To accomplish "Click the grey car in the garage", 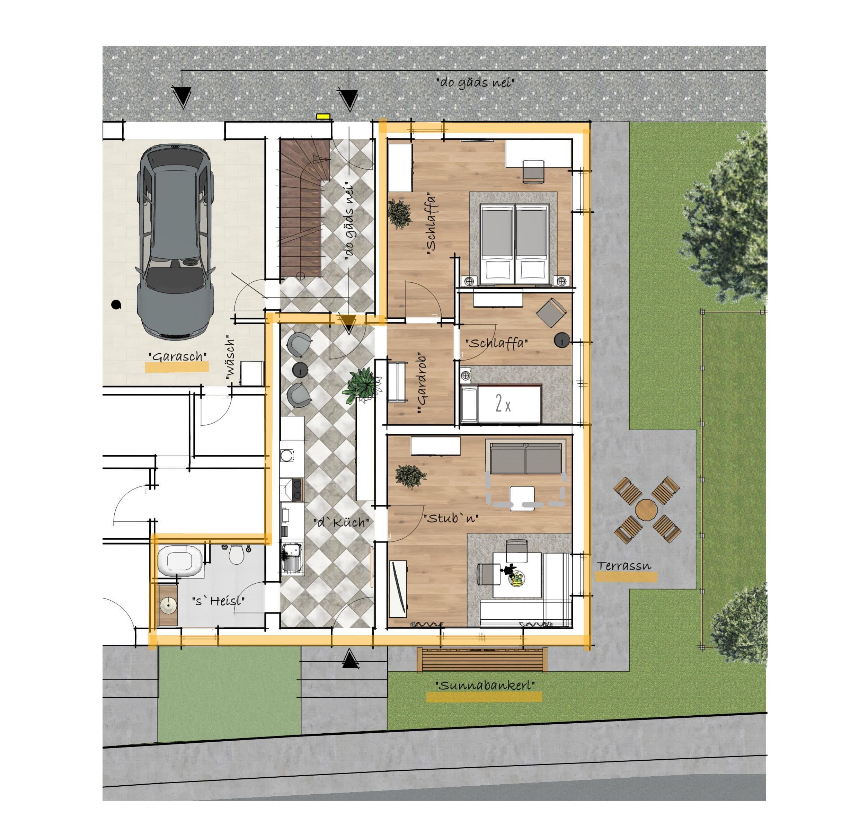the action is pyautogui.click(x=176, y=242).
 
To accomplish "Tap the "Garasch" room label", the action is pyautogui.click(x=178, y=355).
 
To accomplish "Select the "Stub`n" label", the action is pyautogui.click(x=451, y=518).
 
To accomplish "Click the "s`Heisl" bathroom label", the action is pyautogui.click(x=219, y=600).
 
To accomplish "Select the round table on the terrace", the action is pyautogui.click(x=646, y=510).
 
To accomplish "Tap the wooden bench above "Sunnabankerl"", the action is pyautogui.click(x=482, y=660).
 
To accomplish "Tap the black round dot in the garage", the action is pyautogui.click(x=116, y=304).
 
